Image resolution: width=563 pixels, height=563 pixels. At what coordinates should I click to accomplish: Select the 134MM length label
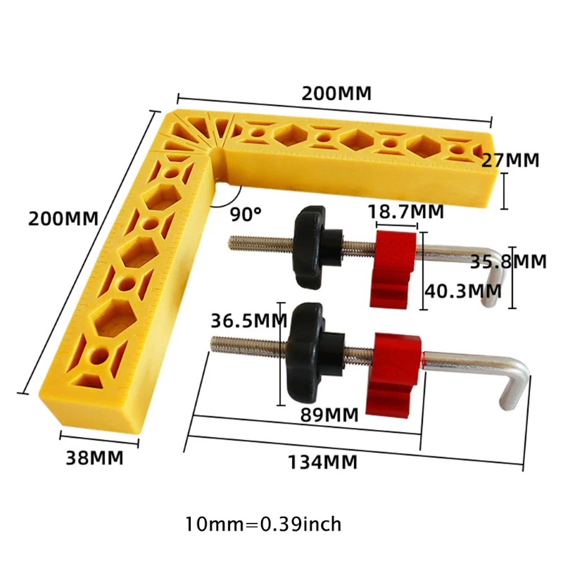click(x=322, y=462)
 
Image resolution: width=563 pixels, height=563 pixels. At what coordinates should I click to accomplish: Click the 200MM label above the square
click(x=336, y=93)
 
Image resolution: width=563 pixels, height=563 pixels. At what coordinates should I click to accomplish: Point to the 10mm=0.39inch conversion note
click(x=263, y=524)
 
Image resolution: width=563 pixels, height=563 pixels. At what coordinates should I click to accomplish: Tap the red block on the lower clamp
click(x=398, y=373)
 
